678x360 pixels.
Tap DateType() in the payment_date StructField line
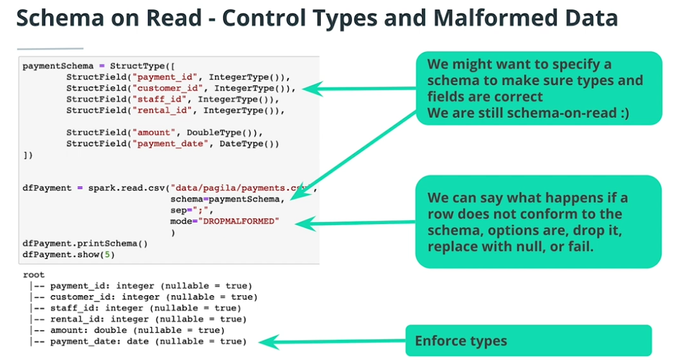[x=249, y=144]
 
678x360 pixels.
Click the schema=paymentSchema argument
[x=227, y=199]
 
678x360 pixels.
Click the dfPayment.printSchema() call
[x=85, y=244]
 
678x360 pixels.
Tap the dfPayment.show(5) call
[x=68, y=254]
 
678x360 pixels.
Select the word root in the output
[x=34, y=275]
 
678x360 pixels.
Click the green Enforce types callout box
[x=528, y=341]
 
